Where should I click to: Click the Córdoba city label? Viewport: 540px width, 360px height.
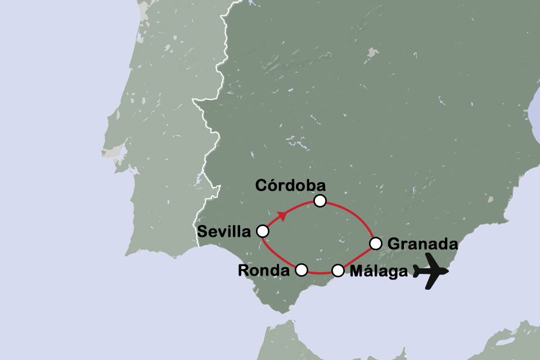click(290, 185)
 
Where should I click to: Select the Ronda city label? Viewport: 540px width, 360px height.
click(264, 271)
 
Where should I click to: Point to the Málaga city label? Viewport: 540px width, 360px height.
click(378, 271)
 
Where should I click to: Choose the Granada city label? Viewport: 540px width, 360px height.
click(422, 244)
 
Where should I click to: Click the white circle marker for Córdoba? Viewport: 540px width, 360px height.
click(320, 200)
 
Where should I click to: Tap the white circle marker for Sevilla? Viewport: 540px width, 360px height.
click(262, 231)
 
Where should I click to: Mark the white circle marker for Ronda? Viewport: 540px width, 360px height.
click(301, 270)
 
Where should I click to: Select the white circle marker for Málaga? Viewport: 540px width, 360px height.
click(337, 271)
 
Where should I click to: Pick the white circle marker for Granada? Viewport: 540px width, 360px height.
click(376, 244)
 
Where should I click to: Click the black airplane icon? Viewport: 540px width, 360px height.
click(431, 271)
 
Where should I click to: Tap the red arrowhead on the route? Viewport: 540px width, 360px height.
click(282, 215)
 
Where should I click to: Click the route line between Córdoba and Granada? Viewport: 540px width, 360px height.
click(355, 213)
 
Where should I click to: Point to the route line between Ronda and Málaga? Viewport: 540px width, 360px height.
click(319, 274)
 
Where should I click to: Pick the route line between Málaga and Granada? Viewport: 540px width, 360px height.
click(357, 258)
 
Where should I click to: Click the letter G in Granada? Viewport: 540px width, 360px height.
click(394, 244)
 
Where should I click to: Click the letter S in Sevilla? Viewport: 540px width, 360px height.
click(202, 231)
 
